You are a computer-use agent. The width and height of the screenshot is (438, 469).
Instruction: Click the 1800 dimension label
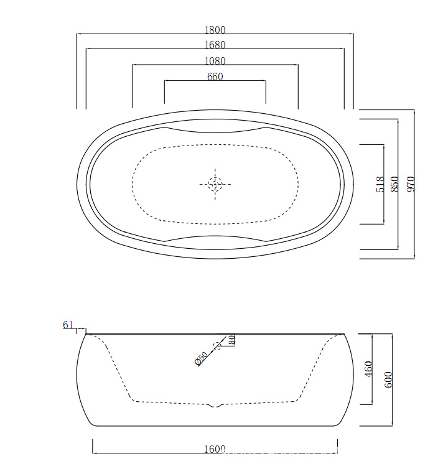pos(215,30)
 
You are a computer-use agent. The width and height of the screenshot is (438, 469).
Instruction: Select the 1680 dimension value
pos(215,45)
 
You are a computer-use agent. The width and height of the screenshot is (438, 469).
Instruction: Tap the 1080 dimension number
pos(215,61)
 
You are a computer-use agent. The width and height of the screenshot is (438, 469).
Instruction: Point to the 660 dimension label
pos(215,77)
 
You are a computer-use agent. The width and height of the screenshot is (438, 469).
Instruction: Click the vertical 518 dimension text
pos(380,184)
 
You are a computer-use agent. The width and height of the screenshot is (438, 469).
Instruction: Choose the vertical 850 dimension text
pos(394,184)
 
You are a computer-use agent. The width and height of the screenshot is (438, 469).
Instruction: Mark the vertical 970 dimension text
pos(411,184)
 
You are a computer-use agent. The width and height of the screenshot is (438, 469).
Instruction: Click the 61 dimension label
pos(68,325)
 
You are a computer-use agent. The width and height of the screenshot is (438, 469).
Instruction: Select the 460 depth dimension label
pos(368,369)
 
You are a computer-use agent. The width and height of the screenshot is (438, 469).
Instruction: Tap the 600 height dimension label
pos(388,380)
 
